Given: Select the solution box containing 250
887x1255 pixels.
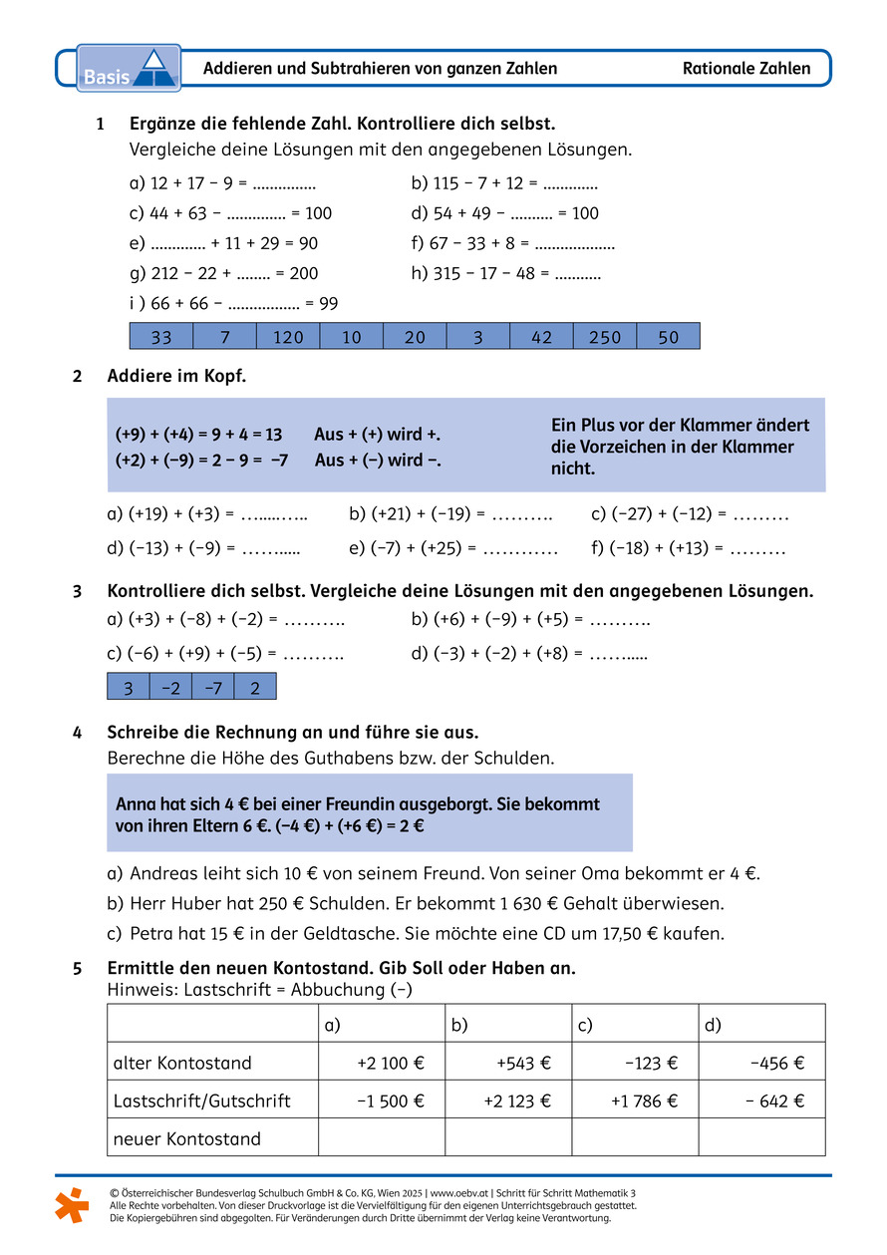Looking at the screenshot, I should coord(605,337).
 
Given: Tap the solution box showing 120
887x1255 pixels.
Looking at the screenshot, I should coord(288,337).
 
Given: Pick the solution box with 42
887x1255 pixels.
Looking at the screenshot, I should coord(541,337).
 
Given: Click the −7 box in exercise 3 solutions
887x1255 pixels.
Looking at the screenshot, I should coord(212,688).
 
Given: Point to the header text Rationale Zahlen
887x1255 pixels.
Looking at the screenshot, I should coord(746,69).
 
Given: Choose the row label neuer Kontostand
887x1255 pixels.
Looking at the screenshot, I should coord(187,1138).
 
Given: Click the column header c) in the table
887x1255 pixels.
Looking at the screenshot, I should coord(585,1025).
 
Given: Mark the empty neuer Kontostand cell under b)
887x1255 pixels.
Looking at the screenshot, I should coord(508,1137).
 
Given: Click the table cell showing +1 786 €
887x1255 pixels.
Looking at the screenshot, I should coord(644,1100).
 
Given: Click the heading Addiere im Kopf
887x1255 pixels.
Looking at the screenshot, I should coord(176,376).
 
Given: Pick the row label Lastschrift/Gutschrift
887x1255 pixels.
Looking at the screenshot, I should coord(202,1100).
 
